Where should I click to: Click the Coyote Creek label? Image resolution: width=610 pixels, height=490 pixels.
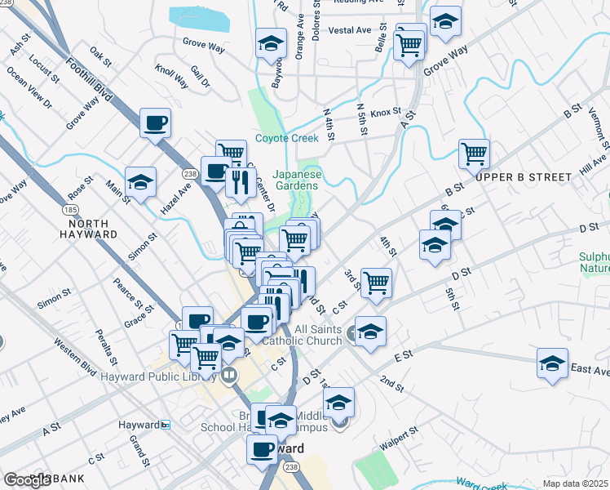286,138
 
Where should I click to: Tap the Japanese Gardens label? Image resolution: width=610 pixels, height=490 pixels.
297,180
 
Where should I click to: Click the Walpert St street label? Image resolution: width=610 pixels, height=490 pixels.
400,439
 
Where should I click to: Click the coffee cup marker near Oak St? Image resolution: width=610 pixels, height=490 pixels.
155,124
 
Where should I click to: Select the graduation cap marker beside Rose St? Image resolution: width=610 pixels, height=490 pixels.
140,183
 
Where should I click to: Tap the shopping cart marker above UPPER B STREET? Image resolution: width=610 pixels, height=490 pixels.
474,153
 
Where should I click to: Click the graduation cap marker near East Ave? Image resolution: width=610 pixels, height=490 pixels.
552,363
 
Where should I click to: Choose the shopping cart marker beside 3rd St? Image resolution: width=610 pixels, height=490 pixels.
376,283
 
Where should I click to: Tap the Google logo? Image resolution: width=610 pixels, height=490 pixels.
27,479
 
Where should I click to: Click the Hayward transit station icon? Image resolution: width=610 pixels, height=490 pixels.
166,425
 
